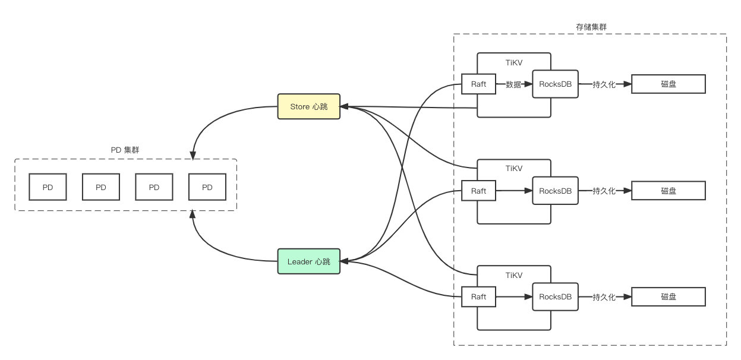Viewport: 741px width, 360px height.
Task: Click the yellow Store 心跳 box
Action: click(308, 106)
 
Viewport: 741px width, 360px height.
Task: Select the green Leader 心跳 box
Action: click(308, 261)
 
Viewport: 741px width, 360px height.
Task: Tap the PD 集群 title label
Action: click(125, 150)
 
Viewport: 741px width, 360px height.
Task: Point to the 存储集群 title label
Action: click(591, 27)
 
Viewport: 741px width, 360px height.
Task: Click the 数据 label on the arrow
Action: click(513, 84)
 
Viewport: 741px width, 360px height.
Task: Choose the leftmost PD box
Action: click(48, 187)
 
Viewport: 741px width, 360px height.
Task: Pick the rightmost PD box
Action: click(207, 187)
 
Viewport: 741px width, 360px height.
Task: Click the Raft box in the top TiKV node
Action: click(478, 84)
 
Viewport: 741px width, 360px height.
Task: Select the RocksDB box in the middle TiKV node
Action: click(555, 191)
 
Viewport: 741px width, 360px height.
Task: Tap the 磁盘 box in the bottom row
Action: click(669, 297)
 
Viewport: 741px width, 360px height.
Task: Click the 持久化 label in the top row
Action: click(604, 84)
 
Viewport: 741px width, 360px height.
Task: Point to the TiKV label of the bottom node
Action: click(514, 276)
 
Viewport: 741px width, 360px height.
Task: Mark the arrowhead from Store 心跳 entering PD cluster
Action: click(193, 156)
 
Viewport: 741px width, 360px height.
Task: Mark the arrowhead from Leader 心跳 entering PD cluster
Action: click(192, 214)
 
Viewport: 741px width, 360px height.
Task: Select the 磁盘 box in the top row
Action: click(669, 84)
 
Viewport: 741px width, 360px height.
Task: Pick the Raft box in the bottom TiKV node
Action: click(478, 297)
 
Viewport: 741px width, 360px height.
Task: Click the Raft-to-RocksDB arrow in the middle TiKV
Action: click(514, 191)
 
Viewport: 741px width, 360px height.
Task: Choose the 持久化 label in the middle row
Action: click(604, 191)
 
